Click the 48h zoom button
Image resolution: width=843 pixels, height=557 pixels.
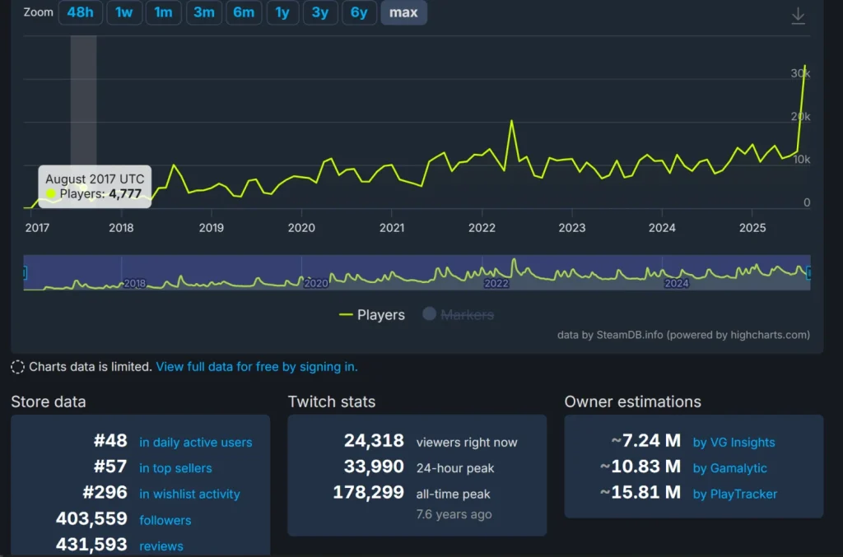tap(80, 12)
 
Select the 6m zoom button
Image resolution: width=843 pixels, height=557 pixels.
tap(243, 12)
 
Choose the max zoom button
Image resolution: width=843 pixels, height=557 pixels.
tap(403, 12)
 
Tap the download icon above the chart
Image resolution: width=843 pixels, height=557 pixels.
tap(798, 16)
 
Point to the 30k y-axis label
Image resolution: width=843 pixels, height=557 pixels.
tap(800, 73)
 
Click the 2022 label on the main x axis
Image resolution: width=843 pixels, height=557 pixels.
tap(482, 228)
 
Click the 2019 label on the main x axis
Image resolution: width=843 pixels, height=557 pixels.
tap(212, 228)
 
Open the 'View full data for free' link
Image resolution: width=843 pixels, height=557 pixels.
tap(256, 367)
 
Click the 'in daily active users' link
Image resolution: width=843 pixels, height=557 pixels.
tap(195, 443)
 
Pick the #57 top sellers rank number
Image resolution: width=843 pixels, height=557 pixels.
tap(110, 467)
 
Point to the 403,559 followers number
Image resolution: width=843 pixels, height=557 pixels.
tap(91, 519)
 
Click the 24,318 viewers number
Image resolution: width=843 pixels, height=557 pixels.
tap(374, 442)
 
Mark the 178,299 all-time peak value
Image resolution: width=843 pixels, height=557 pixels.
tap(368, 494)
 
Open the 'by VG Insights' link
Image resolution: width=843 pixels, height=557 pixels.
tap(734, 443)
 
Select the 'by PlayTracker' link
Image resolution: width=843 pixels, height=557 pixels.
tap(734, 494)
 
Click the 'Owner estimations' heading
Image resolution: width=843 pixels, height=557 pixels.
tap(632, 402)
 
